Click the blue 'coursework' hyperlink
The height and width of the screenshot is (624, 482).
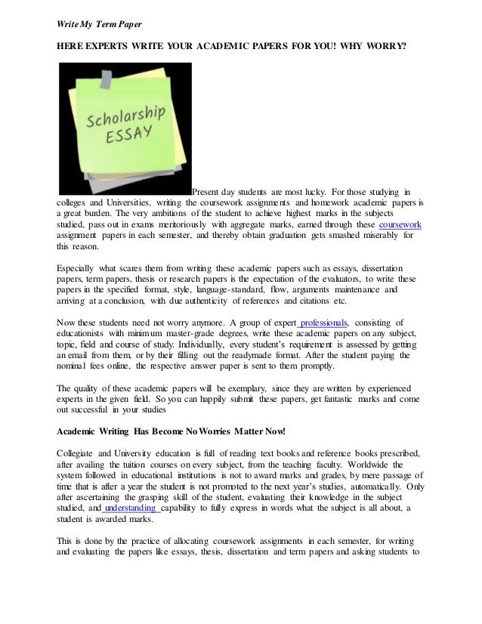coord(400,224)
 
